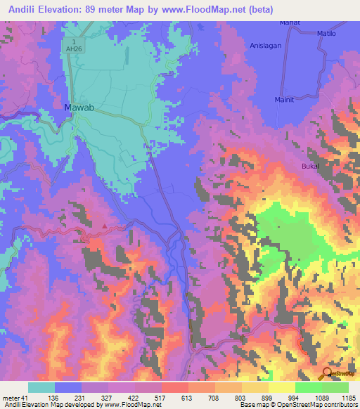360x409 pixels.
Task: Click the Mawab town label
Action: click(79, 108)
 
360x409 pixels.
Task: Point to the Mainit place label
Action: click(290, 100)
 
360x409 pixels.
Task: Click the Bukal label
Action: click(310, 166)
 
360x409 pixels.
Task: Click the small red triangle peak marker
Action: click(105, 226)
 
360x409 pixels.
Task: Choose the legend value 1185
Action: click(349, 398)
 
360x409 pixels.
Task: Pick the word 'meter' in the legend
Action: click(10, 398)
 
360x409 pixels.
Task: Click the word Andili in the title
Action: click(23, 9)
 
